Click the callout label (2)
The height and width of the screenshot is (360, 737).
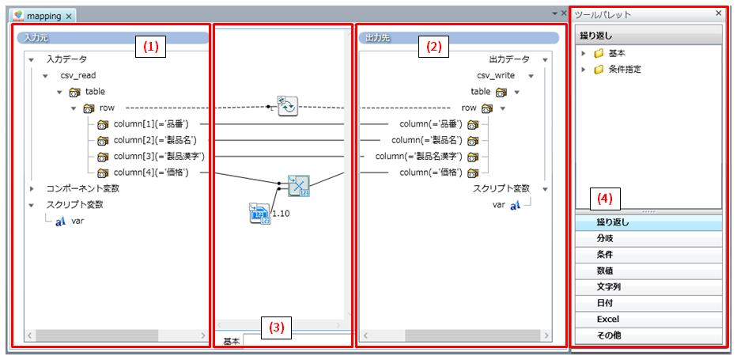point(433,46)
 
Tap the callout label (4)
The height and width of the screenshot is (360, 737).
point(603,198)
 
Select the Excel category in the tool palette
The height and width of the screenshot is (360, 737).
point(607,319)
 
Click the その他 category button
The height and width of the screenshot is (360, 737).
point(608,335)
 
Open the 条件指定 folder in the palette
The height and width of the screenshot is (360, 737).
point(625,70)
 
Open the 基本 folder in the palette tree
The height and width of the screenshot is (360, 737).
point(617,53)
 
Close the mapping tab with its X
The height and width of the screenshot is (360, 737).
point(69,16)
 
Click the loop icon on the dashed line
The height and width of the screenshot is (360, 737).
point(287,106)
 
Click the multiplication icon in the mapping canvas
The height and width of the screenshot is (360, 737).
point(298,186)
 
